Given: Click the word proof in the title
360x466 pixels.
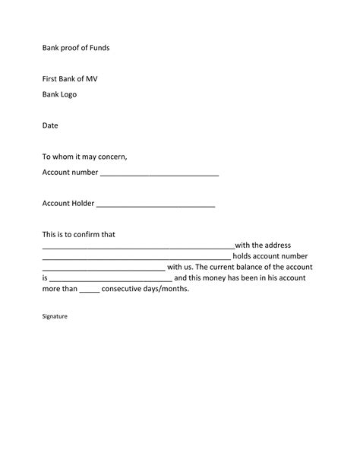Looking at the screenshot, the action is [74, 48].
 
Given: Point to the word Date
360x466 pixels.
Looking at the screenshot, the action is [50, 125].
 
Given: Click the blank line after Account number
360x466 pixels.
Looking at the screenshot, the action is [159, 174].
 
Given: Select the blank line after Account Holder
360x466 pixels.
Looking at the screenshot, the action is [156, 205].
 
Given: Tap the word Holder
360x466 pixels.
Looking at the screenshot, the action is [82, 203].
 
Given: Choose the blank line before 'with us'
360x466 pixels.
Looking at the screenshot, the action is [103, 269].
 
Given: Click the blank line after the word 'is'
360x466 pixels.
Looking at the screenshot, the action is [111, 281].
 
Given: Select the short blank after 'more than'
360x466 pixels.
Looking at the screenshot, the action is [90, 291].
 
